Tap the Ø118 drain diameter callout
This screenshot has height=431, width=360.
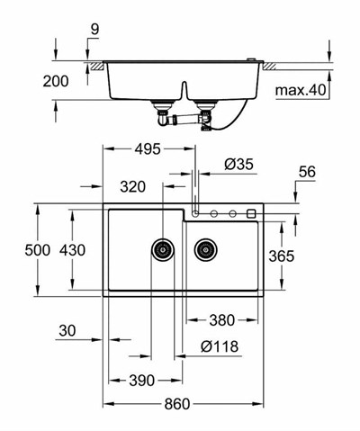[220, 346]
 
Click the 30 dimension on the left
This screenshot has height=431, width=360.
[67, 331]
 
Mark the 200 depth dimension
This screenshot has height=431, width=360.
[56, 82]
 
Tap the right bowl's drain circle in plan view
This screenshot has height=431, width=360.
[207, 249]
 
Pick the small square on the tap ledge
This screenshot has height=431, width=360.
[250, 213]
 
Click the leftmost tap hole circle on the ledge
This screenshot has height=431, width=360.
[199, 213]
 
